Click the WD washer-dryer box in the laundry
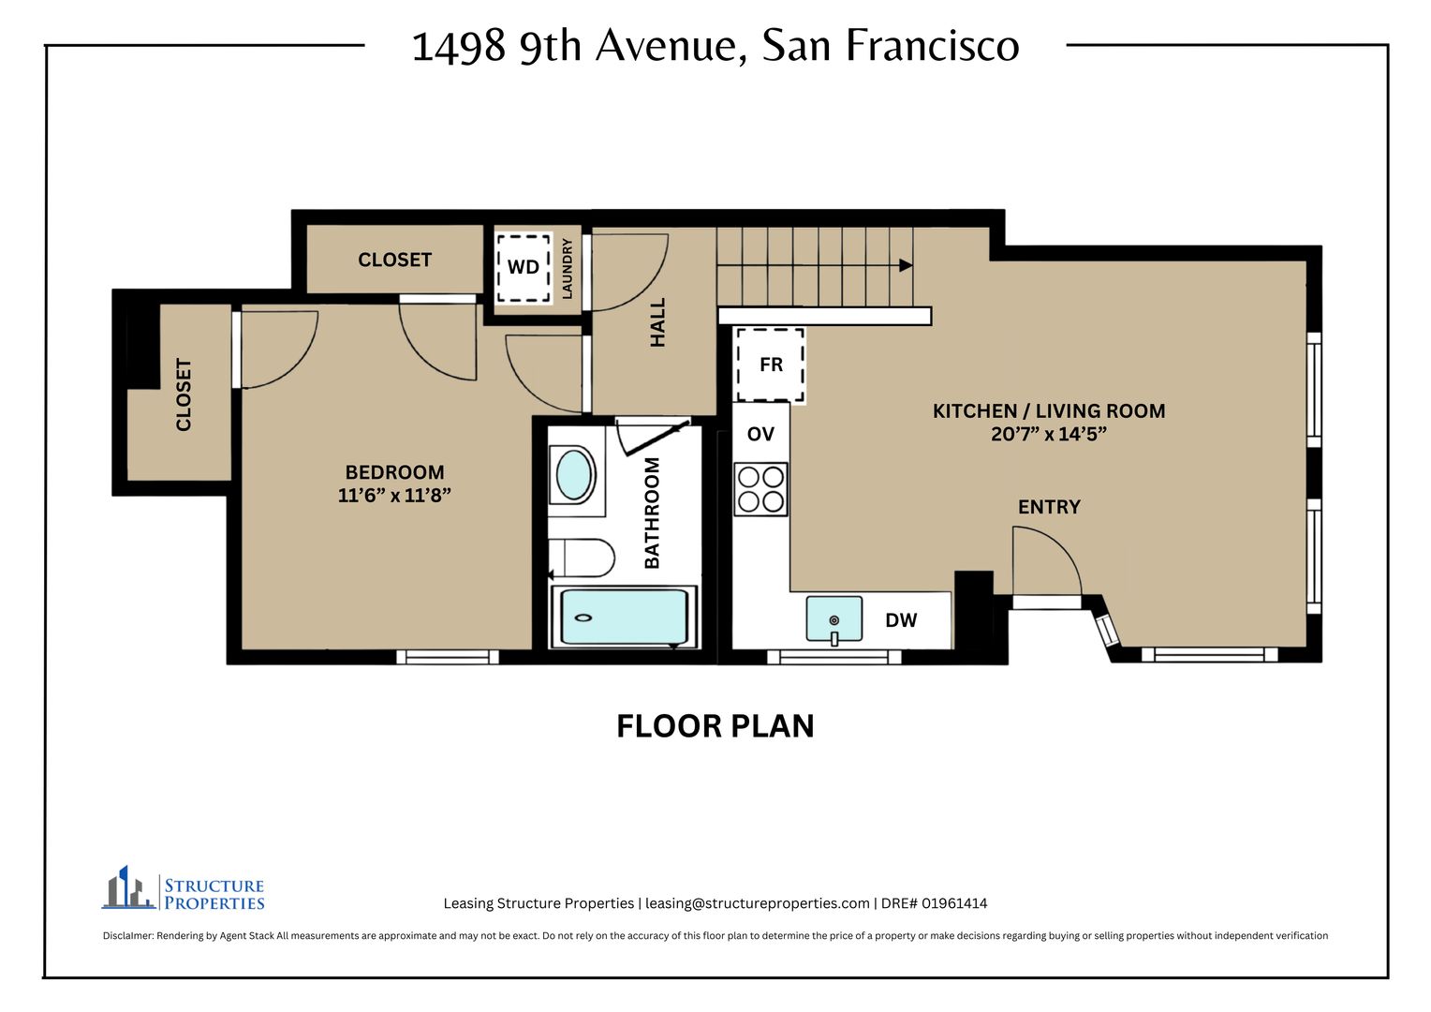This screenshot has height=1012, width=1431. [x=524, y=268]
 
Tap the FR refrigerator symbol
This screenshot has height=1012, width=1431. [x=770, y=365]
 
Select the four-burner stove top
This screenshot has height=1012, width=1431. [x=760, y=489]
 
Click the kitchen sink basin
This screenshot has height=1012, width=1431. [x=834, y=618]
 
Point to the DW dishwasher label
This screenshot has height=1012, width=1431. [x=901, y=620]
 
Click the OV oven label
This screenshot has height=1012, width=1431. [x=760, y=434]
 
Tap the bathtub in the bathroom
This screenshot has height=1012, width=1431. [x=624, y=617]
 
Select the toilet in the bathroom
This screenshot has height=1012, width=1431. [x=582, y=558]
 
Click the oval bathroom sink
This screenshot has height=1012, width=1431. [x=573, y=475]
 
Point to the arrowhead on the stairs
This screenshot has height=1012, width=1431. [x=906, y=265]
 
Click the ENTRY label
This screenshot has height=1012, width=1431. [x=1049, y=507]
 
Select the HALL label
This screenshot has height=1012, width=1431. [x=657, y=323]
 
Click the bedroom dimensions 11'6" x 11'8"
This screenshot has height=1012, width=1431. [x=394, y=496]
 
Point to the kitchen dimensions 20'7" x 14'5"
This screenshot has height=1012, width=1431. [x=1048, y=434]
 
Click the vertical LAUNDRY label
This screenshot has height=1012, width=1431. [x=567, y=269]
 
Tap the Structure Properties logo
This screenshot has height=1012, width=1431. [x=184, y=888]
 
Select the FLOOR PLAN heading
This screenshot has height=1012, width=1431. [x=715, y=726]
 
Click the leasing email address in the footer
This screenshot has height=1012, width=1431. [x=757, y=903]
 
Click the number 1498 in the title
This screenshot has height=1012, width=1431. [x=459, y=47]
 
